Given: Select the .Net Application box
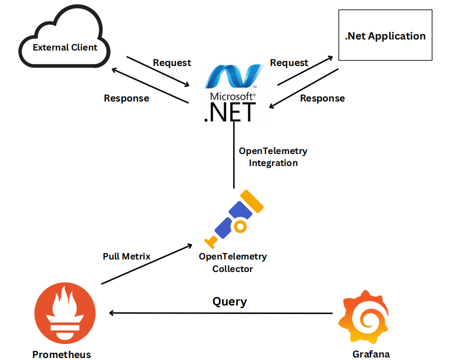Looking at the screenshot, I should coord(385,36).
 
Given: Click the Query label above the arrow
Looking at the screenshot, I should coord(230,301).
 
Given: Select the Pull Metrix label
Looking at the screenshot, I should coord(127,256).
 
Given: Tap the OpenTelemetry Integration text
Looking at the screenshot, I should coord(273,156).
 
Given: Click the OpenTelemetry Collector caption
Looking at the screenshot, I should coord(233,262).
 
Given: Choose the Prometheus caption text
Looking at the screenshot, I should coord(62,354).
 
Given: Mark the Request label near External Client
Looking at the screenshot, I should coord(172,62).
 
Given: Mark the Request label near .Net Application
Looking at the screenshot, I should coord(289,62).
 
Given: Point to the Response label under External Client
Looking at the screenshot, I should coord(127,98).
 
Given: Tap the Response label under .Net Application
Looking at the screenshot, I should coord(322,98).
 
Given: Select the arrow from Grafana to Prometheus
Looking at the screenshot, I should coord(220,313).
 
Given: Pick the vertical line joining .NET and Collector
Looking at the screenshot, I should coord(234,155).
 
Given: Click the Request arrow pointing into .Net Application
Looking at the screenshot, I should coord(305,70).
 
